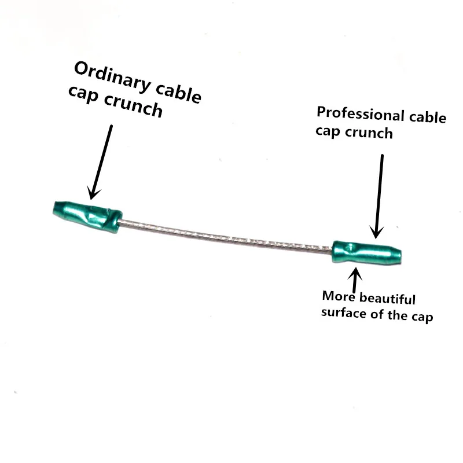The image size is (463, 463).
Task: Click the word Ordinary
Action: (112, 76)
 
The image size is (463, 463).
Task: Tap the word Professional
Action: (360, 114)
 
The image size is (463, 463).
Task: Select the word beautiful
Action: (387, 298)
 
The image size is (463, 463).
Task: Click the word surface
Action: (344, 313)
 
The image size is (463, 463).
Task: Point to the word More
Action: (339, 296)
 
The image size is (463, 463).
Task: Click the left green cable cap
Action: (87, 216)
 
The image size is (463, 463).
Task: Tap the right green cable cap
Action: (367, 252)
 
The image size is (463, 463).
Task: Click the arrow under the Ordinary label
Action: (100, 162)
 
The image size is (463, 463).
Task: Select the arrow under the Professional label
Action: (379, 196)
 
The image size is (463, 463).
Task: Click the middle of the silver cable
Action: (226, 236)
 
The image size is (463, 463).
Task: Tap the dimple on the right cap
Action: (350, 247)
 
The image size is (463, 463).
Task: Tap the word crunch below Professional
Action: (369, 133)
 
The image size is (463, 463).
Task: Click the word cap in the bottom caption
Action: (422, 317)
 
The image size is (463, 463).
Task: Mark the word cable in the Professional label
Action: (428, 117)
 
